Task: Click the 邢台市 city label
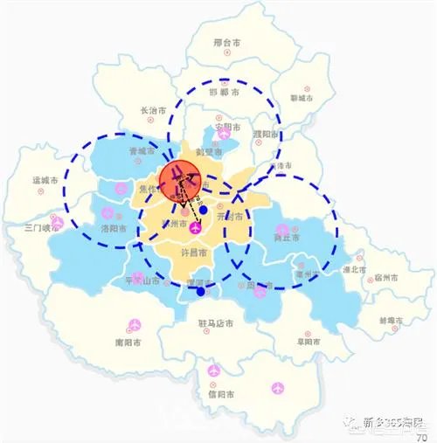[x=231, y=42]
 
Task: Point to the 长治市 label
[x=157, y=111]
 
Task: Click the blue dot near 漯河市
[x=202, y=292]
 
